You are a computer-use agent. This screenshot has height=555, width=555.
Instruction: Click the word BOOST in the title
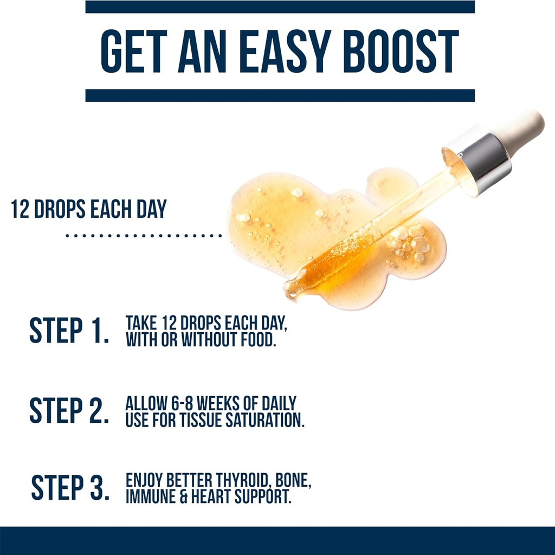tap(401, 51)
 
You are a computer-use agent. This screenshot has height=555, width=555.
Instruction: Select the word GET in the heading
tap(134, 51)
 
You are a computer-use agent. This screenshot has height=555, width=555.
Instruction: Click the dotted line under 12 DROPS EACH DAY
tap(144, 235)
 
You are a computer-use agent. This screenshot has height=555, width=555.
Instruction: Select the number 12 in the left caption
tap(20, 209)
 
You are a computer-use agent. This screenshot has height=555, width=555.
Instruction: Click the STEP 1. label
tap(69, 330)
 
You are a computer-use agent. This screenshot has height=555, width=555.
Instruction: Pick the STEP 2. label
tap(69, 410)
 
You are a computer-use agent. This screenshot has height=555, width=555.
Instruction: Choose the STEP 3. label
tap(70, 487)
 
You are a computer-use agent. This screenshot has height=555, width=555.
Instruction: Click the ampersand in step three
tap(183, 496)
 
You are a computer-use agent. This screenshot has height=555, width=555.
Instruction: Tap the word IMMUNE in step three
tap(151, 496)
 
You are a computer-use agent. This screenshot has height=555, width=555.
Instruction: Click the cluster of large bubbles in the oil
tap(411, 242)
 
